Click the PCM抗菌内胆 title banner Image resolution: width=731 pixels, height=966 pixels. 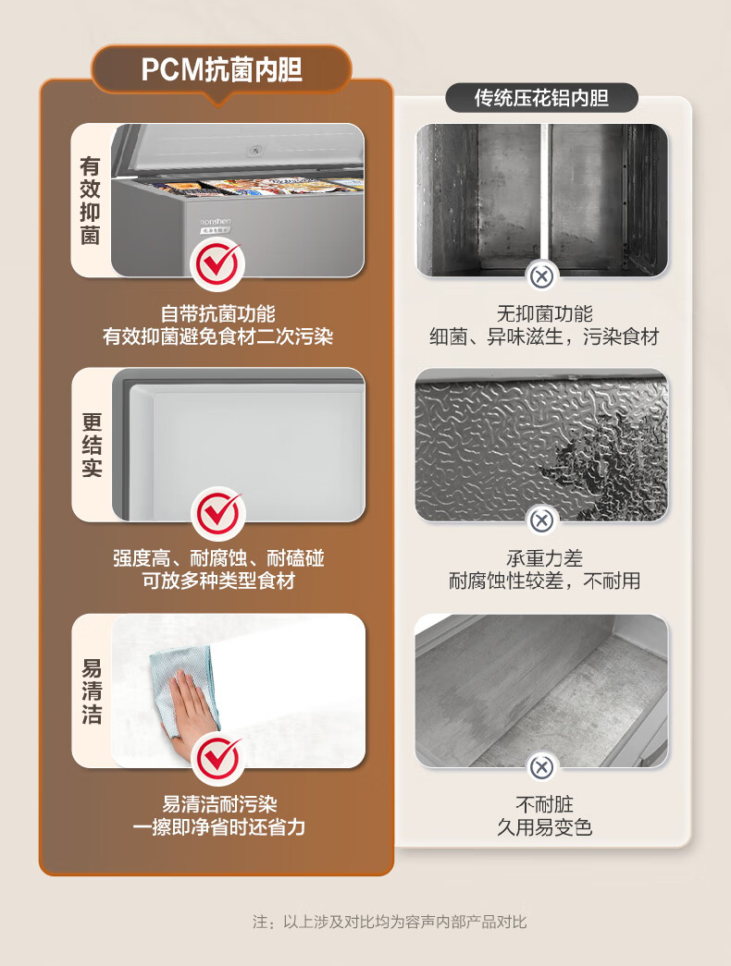pyautogui.click(x=221, y=69)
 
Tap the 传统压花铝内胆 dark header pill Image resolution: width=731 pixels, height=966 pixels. pyautogui.click(x=541, y=98)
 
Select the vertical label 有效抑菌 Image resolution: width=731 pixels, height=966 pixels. pyautogui.click(x=90, y=201)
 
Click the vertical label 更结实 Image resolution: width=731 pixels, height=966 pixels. pyautogui.click(x=92, y=445)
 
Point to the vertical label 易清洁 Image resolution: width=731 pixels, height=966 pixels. pyautogui.click(x=92, y=691)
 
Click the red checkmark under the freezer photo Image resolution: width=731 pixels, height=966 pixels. pyautogui.click(x=217, y=263)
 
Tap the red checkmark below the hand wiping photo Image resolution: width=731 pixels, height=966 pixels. pyautogui.click(x=217, y=757)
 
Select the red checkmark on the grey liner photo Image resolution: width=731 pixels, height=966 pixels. pyautogui.click(x=217, y=512)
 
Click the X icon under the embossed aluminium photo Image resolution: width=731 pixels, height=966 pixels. pyautogui.click(x=541, y=521)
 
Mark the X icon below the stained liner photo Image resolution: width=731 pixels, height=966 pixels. pyautogui.click(x=541, y=767)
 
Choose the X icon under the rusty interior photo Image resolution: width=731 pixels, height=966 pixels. pyautogui.click(x=541, y=276)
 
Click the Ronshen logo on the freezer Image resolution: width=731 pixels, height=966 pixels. pyautogui.click(x=216, y=221)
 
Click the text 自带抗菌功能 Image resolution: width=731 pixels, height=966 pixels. pyautogui.click(x=217, y=313)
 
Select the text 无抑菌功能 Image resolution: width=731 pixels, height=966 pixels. pyautogui.click(x=544, y=313)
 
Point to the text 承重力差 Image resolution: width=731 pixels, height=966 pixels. pyautogui.click(x=544, y=558)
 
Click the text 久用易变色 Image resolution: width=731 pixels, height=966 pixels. pyautogui.click(x=544, y=826)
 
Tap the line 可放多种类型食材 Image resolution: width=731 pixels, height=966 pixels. pyautogui.click(x=218, y=581)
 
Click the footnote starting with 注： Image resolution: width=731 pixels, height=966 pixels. pyautogui.click(x=390, y=922)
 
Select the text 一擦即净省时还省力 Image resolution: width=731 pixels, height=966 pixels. pyautogui.click(x=218, y=826)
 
